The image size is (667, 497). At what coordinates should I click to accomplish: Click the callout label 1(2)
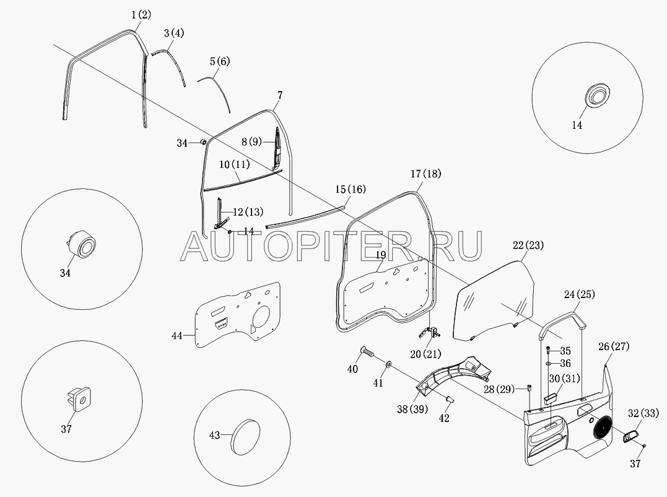(141, 15)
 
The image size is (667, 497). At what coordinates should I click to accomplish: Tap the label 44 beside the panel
(177, 336)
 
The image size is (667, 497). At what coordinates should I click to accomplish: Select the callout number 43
(215, 435)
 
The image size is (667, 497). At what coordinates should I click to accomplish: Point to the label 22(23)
(528, 245)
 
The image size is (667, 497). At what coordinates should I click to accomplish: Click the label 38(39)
(412, 409)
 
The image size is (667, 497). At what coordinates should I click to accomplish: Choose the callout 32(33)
(643, 413)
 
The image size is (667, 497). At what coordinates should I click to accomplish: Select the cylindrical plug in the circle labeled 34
(81, 244)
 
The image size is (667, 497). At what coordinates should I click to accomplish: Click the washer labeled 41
(388, 364)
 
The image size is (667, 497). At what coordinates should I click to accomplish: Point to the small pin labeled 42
(449, 398)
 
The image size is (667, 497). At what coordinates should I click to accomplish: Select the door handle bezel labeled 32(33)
(630, 436)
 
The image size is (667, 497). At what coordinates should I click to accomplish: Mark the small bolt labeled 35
(548, 350)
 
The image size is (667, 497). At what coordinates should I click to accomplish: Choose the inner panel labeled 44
(238, 315)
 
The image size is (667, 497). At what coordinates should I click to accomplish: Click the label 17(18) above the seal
(426, 174)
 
